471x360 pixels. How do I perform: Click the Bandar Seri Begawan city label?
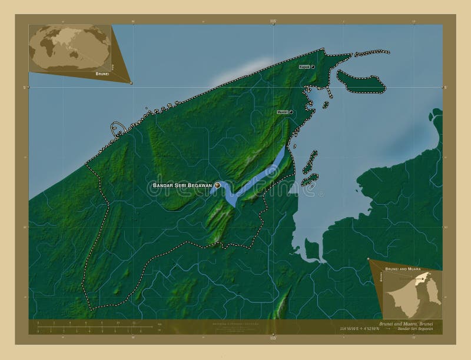pos(182,185)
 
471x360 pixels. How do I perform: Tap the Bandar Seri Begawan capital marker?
pos(217,185)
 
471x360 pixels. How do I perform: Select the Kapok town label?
pos(304,67)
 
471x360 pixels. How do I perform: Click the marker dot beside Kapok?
pos(313,67)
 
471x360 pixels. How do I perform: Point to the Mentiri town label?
pos(283,112)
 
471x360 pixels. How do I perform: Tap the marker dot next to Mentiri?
pos(291,112)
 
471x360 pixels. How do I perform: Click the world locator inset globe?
pos(69,47)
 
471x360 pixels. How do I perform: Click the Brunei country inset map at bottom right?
pos(412,294)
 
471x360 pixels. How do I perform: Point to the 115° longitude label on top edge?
pos(273,21)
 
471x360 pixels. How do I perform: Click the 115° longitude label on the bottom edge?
pos(273,339)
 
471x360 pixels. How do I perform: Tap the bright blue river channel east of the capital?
pos(259,176)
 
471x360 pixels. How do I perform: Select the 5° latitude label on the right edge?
pos(445,87)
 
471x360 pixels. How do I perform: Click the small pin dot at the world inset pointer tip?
pos(131,83)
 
